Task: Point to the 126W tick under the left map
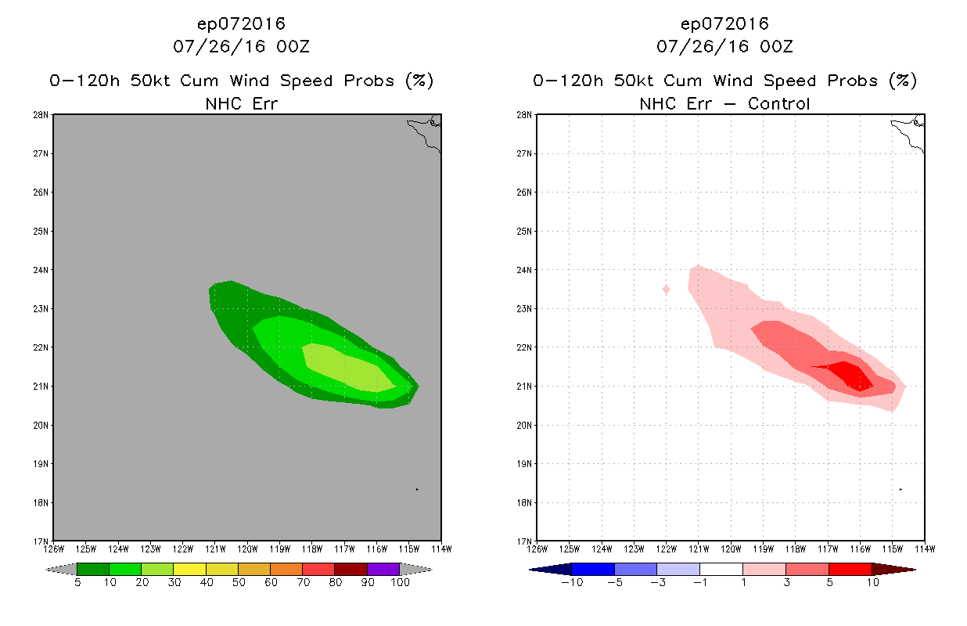tap(53, 548)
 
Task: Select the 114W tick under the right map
tap(925, 548)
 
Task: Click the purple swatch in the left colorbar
tap(383, 569)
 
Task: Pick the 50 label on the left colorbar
tap(238, 582)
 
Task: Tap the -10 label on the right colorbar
tap(572, 582)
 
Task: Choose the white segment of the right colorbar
tap(721, 569)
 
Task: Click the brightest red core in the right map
tap(851, 373)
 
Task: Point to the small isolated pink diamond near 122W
tap(666, 290)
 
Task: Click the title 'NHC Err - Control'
tap(724, 103)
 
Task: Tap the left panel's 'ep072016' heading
tap(241, 23)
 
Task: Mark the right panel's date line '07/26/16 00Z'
tap(724, 47)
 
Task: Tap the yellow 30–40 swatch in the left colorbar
tap(189, 569)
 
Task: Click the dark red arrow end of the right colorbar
tap(893, 569)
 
